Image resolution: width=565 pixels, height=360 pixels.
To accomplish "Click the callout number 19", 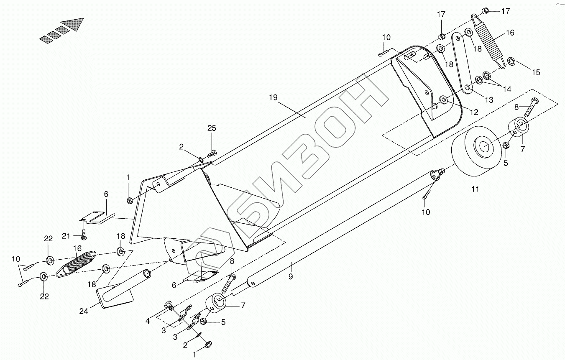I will (273, 98).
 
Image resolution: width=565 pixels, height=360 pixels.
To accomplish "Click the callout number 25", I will (212, 129).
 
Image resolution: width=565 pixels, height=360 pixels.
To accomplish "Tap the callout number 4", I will (148, 322).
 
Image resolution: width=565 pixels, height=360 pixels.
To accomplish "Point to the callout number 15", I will (535, 72).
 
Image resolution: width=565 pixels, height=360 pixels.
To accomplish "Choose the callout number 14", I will (507, 89).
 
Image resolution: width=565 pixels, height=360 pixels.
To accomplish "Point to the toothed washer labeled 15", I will (511, 62).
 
